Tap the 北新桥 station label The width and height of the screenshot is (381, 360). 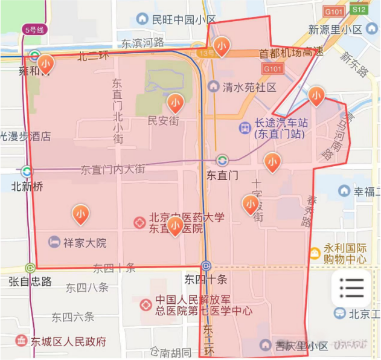tap(27, 187)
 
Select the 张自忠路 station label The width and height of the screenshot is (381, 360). tap(30, 281)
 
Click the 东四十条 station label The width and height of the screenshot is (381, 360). tap(206, 280)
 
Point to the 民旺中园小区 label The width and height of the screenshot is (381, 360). tap(184, 19)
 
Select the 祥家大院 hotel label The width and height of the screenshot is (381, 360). tap(85, 243)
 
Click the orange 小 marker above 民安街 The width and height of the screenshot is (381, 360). tap(175, 102)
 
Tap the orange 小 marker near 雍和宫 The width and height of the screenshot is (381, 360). tap(45, 62)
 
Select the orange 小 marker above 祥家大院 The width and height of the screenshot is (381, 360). tap(80, 213)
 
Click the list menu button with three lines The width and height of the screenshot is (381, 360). tap(351, 288)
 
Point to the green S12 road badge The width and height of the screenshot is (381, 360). tap(359, 10)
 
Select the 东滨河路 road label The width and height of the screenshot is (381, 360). tap(142, 43)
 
